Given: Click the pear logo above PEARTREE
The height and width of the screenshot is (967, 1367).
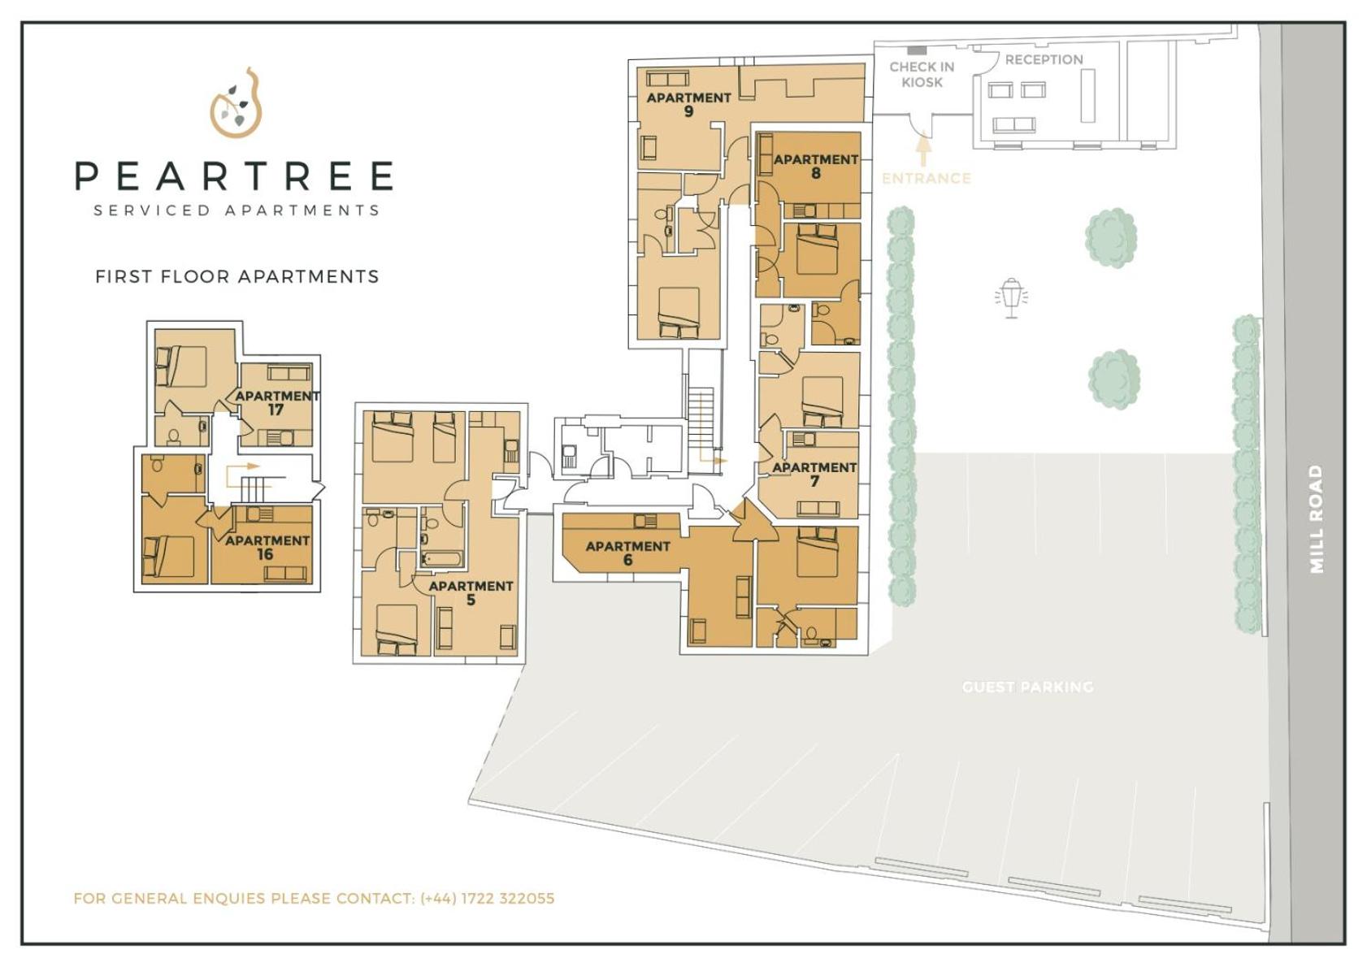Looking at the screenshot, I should pos(236,103).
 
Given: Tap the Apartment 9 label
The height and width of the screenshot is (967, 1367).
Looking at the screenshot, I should pos(688,105).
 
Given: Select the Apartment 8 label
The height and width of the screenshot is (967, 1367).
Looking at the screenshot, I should pos(815,166).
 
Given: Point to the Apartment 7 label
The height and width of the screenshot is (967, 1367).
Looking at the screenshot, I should pos(814,474).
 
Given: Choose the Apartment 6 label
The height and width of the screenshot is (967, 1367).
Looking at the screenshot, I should pos(627,553).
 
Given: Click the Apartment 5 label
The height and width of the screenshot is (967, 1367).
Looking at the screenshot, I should pos(471,592).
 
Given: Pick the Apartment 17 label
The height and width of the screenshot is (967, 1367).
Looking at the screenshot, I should pos(276,402).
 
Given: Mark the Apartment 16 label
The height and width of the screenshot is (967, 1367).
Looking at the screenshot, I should pos(267,547).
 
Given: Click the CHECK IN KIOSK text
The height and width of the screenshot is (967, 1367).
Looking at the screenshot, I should pos(922,75).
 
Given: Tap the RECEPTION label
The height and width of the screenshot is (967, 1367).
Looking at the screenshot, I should pos(1044,59).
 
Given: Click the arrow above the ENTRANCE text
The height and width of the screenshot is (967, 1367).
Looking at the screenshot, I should pos(922,150).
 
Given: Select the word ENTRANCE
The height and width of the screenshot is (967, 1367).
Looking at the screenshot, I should pos(926,178).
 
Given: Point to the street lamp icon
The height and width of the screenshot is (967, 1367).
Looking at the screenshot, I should pos(1011,297).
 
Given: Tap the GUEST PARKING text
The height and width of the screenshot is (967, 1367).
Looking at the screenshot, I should pos(1027,687).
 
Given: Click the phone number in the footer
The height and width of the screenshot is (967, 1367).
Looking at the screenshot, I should pos(487,898).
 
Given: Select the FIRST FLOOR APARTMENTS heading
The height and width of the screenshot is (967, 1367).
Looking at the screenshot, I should pos(237,276).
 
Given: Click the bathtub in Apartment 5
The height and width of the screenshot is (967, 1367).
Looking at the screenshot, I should pos(442,560).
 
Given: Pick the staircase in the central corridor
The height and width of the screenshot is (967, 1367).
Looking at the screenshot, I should pos(701,418).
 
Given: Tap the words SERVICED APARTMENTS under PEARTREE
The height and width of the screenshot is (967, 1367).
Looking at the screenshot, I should pos(237,210).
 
